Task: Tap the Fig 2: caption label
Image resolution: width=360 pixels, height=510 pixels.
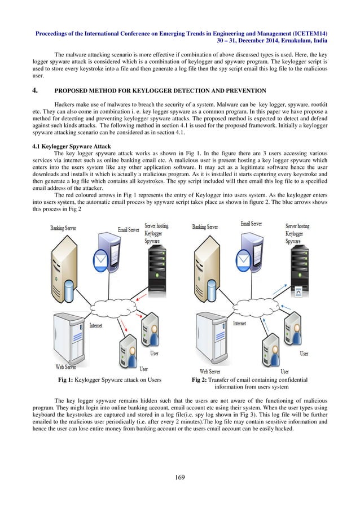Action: pos(200,380)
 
